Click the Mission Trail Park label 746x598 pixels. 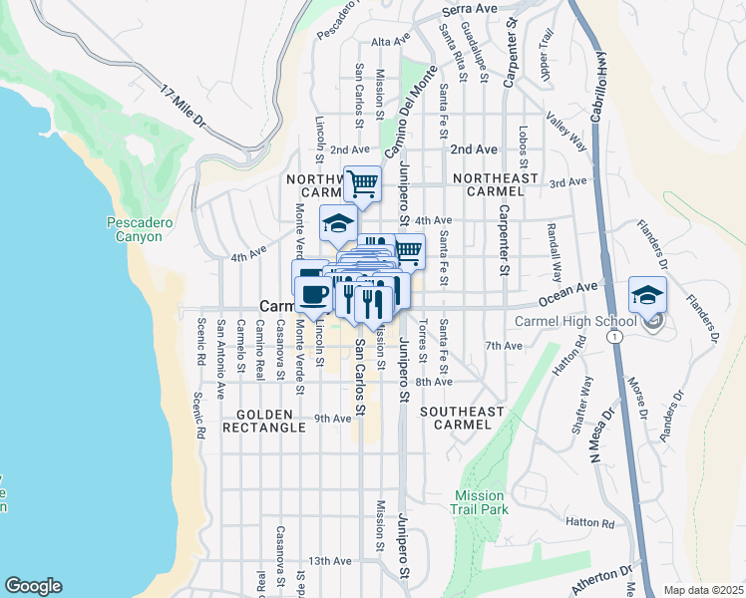point(482,502)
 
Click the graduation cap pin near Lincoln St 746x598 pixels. point(338,223)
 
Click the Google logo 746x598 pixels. point(33,586)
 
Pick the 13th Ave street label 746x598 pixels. point(329,561)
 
